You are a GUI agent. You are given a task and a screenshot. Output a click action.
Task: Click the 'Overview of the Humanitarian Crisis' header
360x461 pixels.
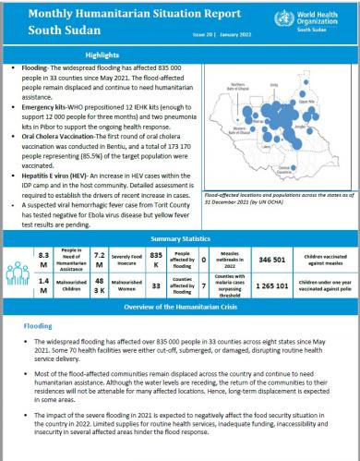pyautogui.click(x=179, y=305)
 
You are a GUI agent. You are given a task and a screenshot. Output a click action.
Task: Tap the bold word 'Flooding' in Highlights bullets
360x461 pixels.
pyautogui.click(x=28, y=67)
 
